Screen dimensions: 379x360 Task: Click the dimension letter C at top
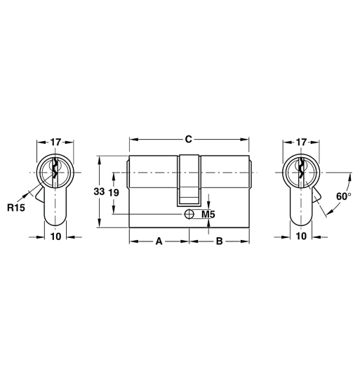188,139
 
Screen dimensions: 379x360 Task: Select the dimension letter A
159,241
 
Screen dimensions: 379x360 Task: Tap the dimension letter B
219,241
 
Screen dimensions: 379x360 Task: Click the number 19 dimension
114,192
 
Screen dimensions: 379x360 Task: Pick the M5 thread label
208,213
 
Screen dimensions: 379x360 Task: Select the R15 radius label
15,208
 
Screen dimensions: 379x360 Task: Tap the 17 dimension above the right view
301,142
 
